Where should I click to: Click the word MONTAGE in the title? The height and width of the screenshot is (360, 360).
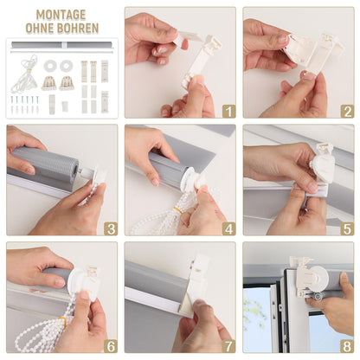[x=61, y=15]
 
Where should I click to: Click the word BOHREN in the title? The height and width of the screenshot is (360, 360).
[x=78, y=28]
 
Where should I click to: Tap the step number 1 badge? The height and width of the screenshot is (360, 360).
[x=228, y=111]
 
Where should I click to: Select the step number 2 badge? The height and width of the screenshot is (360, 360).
[x=347, y=111]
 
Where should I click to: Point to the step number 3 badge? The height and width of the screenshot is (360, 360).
[x=111, y=228]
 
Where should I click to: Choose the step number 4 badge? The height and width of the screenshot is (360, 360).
[x=228, y=228]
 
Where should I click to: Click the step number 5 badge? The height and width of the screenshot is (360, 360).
[x=347, y=228]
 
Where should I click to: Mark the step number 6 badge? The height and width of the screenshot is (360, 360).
[x=111, y=346]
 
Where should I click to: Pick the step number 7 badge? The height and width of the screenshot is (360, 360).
[x=228, y=346]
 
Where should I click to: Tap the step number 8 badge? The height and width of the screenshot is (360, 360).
[x=347, y=346]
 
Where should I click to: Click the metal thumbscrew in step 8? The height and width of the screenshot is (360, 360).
[x=318, y=297]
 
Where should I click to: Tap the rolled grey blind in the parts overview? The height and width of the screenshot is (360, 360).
[x=61, y=45]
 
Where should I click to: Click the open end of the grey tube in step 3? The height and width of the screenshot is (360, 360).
[x=76, y=169]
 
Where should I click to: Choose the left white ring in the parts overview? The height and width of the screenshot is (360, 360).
[x=50, y=66]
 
